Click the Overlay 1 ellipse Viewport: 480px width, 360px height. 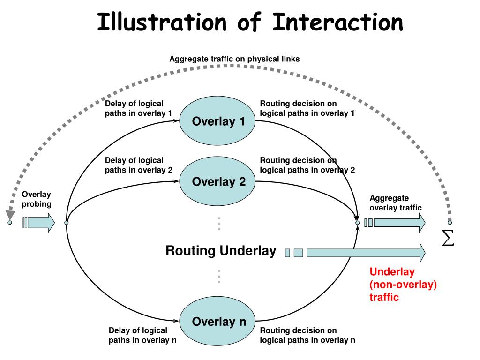coord(218,121)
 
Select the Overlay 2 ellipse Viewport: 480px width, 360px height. coord(218,181)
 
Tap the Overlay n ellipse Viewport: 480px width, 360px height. coord(218,322)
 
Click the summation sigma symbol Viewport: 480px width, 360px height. coord(449,239)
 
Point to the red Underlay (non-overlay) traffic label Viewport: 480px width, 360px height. coord(403,285)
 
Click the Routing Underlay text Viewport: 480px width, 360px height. coord(221,251)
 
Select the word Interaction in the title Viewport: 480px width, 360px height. coord(337,22)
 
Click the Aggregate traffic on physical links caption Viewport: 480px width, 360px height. coord(234,59)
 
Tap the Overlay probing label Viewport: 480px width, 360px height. coord(37,199)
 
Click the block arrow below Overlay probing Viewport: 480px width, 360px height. coord(40,223)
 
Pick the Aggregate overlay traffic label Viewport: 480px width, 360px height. coord(396,203)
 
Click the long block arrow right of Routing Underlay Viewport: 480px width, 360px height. coord(366,253)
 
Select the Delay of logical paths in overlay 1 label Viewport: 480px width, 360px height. coord(138,108)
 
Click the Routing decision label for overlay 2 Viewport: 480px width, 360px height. coord(307,165)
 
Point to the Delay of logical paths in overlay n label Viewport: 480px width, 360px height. coord(142,335)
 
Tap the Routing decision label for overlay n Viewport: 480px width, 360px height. coord(307,335)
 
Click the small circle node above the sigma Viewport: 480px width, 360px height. coord(450,222)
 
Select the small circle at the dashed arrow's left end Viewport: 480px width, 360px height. coord(9,223)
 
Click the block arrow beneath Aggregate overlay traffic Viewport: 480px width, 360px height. coord(398,223)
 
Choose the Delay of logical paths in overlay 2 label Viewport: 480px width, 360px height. coord(138,165)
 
